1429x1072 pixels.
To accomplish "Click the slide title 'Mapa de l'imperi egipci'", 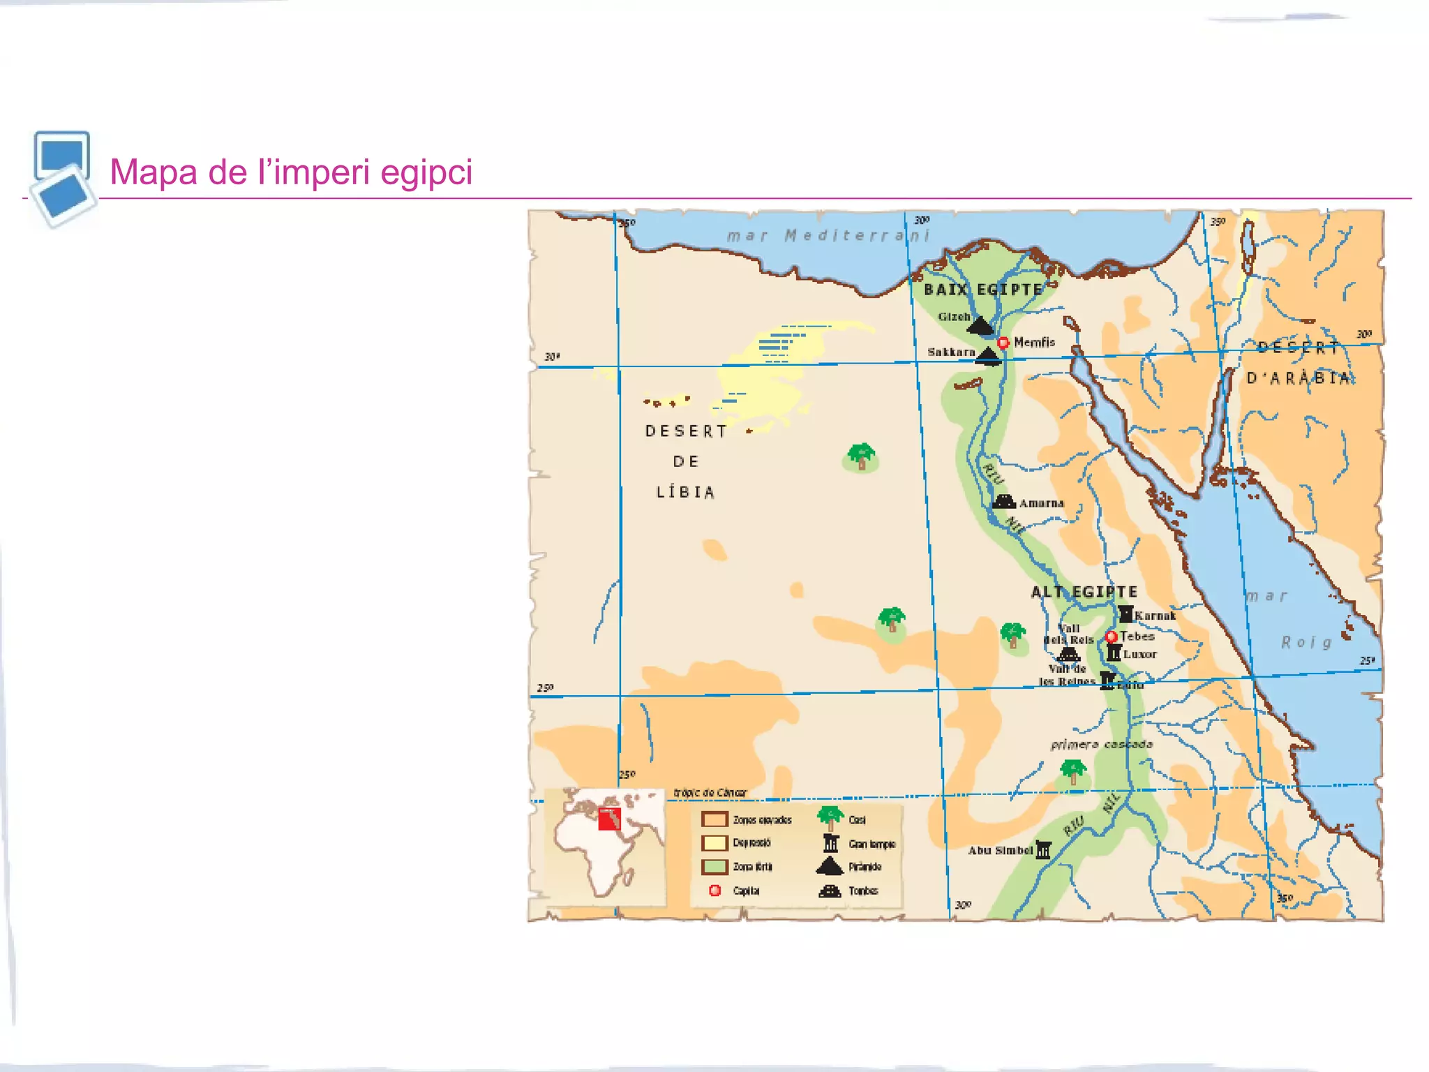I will tap(291, 172).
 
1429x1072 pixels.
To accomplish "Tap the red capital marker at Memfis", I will tap(1003, 343).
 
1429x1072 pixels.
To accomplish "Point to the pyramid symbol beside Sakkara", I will tap(988, 355).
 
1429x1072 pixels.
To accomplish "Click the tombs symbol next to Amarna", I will tap(1004, 502).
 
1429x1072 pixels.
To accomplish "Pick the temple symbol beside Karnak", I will tap(1125, 614).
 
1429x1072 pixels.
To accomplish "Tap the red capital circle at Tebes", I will tap(1112, 636).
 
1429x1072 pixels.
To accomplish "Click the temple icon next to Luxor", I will tap(1114, 653).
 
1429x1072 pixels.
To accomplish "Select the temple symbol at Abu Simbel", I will tap(1043, 849).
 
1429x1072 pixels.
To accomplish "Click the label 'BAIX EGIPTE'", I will tap(982, 290).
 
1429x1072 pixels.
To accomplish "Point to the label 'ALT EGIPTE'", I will tap(1084, 592).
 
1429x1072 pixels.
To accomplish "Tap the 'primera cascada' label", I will tap(1102, 745).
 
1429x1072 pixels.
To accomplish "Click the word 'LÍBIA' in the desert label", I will tap(685, 493).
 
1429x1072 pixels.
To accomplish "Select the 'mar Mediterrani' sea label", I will tap(828, 236).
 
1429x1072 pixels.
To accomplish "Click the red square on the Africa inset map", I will tap(609, 819).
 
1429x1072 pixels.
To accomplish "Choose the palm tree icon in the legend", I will tap(830, 817).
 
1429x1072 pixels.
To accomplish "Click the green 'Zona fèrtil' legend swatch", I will tap(714, 867).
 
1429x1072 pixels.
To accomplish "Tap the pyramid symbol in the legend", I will tap(830, 866).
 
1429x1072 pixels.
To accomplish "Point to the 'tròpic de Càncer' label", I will tap(710, 793).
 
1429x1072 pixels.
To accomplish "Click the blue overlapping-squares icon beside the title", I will tap(63, 179).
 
